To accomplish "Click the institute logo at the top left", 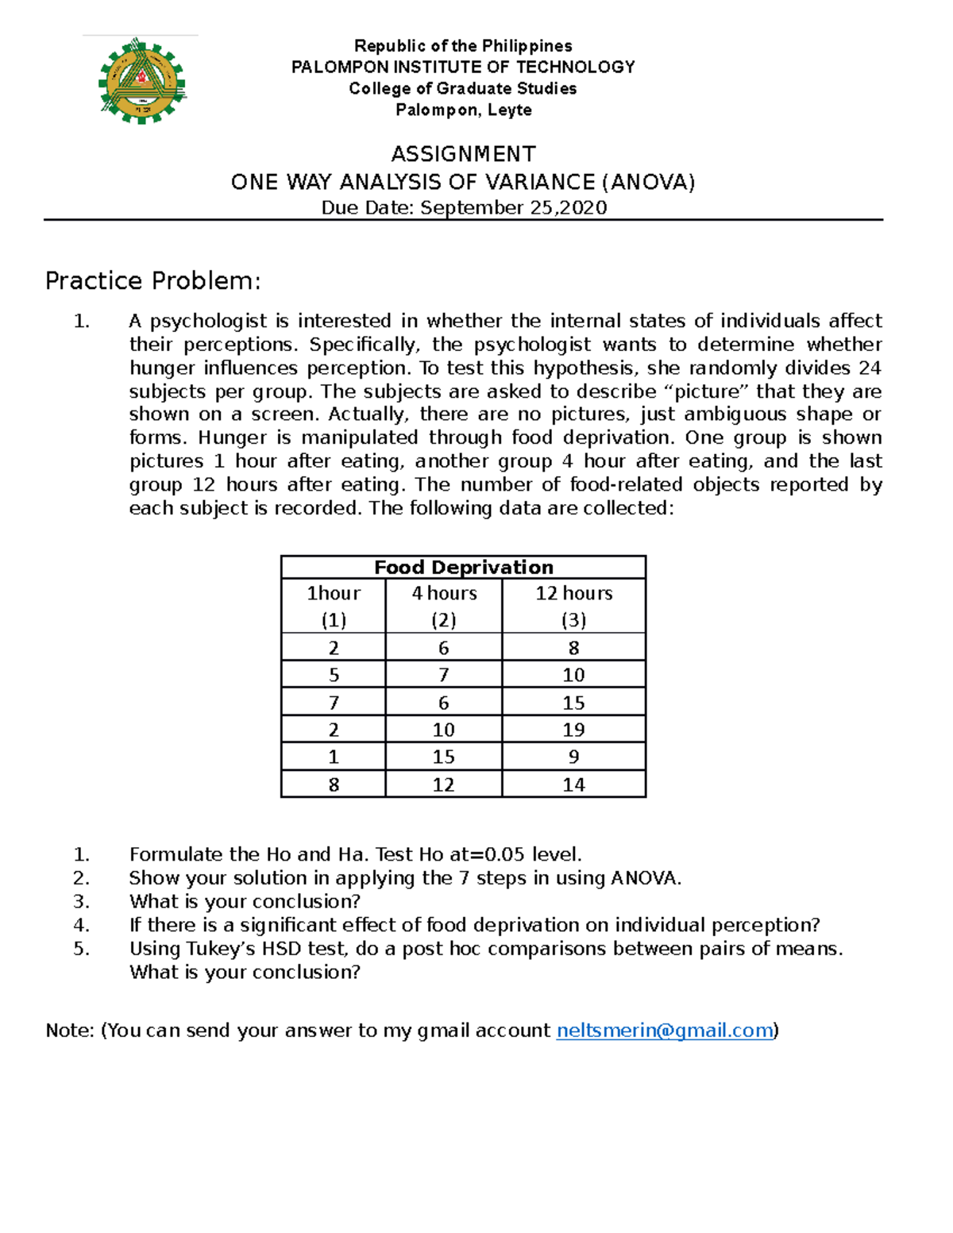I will [142, 81].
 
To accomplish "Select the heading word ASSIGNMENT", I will [463, 154].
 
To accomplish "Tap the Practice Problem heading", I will [152, 281].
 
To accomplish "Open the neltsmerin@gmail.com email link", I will [665, 1030].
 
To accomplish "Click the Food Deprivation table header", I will [463, 567].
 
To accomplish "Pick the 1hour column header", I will [334, 593].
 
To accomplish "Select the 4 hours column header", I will [444, 593].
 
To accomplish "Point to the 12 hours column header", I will [573, 593].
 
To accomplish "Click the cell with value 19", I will [573, 730].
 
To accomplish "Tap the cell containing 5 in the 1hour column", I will [334, 675].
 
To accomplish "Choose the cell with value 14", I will [573, 784].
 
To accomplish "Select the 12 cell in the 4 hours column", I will [443, 784].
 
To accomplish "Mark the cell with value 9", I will [573, 757].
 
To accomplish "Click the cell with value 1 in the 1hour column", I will [334, 757].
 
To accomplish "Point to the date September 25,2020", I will [513, 208].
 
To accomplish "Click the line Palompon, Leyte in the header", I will [463, 110].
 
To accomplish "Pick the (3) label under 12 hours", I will [573, 620].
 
